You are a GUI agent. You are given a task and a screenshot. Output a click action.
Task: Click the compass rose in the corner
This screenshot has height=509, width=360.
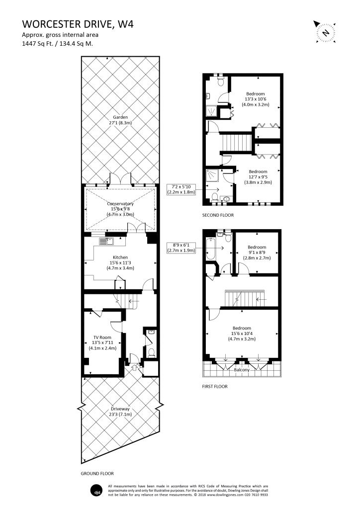pos(326,32)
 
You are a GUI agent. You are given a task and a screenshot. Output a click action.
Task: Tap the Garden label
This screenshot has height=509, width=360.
pos(120,120)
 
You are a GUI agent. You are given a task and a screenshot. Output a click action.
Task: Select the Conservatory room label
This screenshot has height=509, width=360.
pos(120,209)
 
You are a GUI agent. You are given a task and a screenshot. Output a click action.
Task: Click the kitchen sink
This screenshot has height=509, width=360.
pos(106,242)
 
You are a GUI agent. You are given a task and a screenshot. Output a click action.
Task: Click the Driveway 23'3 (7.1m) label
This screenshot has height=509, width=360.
pos(120,412)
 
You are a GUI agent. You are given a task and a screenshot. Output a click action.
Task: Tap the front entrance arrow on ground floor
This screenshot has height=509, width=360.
pos(133,368)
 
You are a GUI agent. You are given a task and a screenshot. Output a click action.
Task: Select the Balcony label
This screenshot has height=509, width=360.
pos(242,370)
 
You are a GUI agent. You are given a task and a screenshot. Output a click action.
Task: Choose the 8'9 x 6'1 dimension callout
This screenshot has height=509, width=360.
pos(181,248)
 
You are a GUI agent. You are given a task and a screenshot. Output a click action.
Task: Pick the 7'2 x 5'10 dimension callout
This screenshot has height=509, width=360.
pos(181,189)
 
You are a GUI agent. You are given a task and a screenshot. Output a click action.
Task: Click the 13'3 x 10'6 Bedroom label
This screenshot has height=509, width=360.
pos(256,99)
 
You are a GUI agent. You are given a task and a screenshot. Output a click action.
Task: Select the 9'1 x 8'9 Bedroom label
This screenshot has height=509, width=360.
pos(257,253)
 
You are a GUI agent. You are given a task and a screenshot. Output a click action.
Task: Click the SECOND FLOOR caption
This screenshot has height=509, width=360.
pos(218,215)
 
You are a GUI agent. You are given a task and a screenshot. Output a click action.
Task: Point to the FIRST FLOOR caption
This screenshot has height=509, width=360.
pos(215,386)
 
